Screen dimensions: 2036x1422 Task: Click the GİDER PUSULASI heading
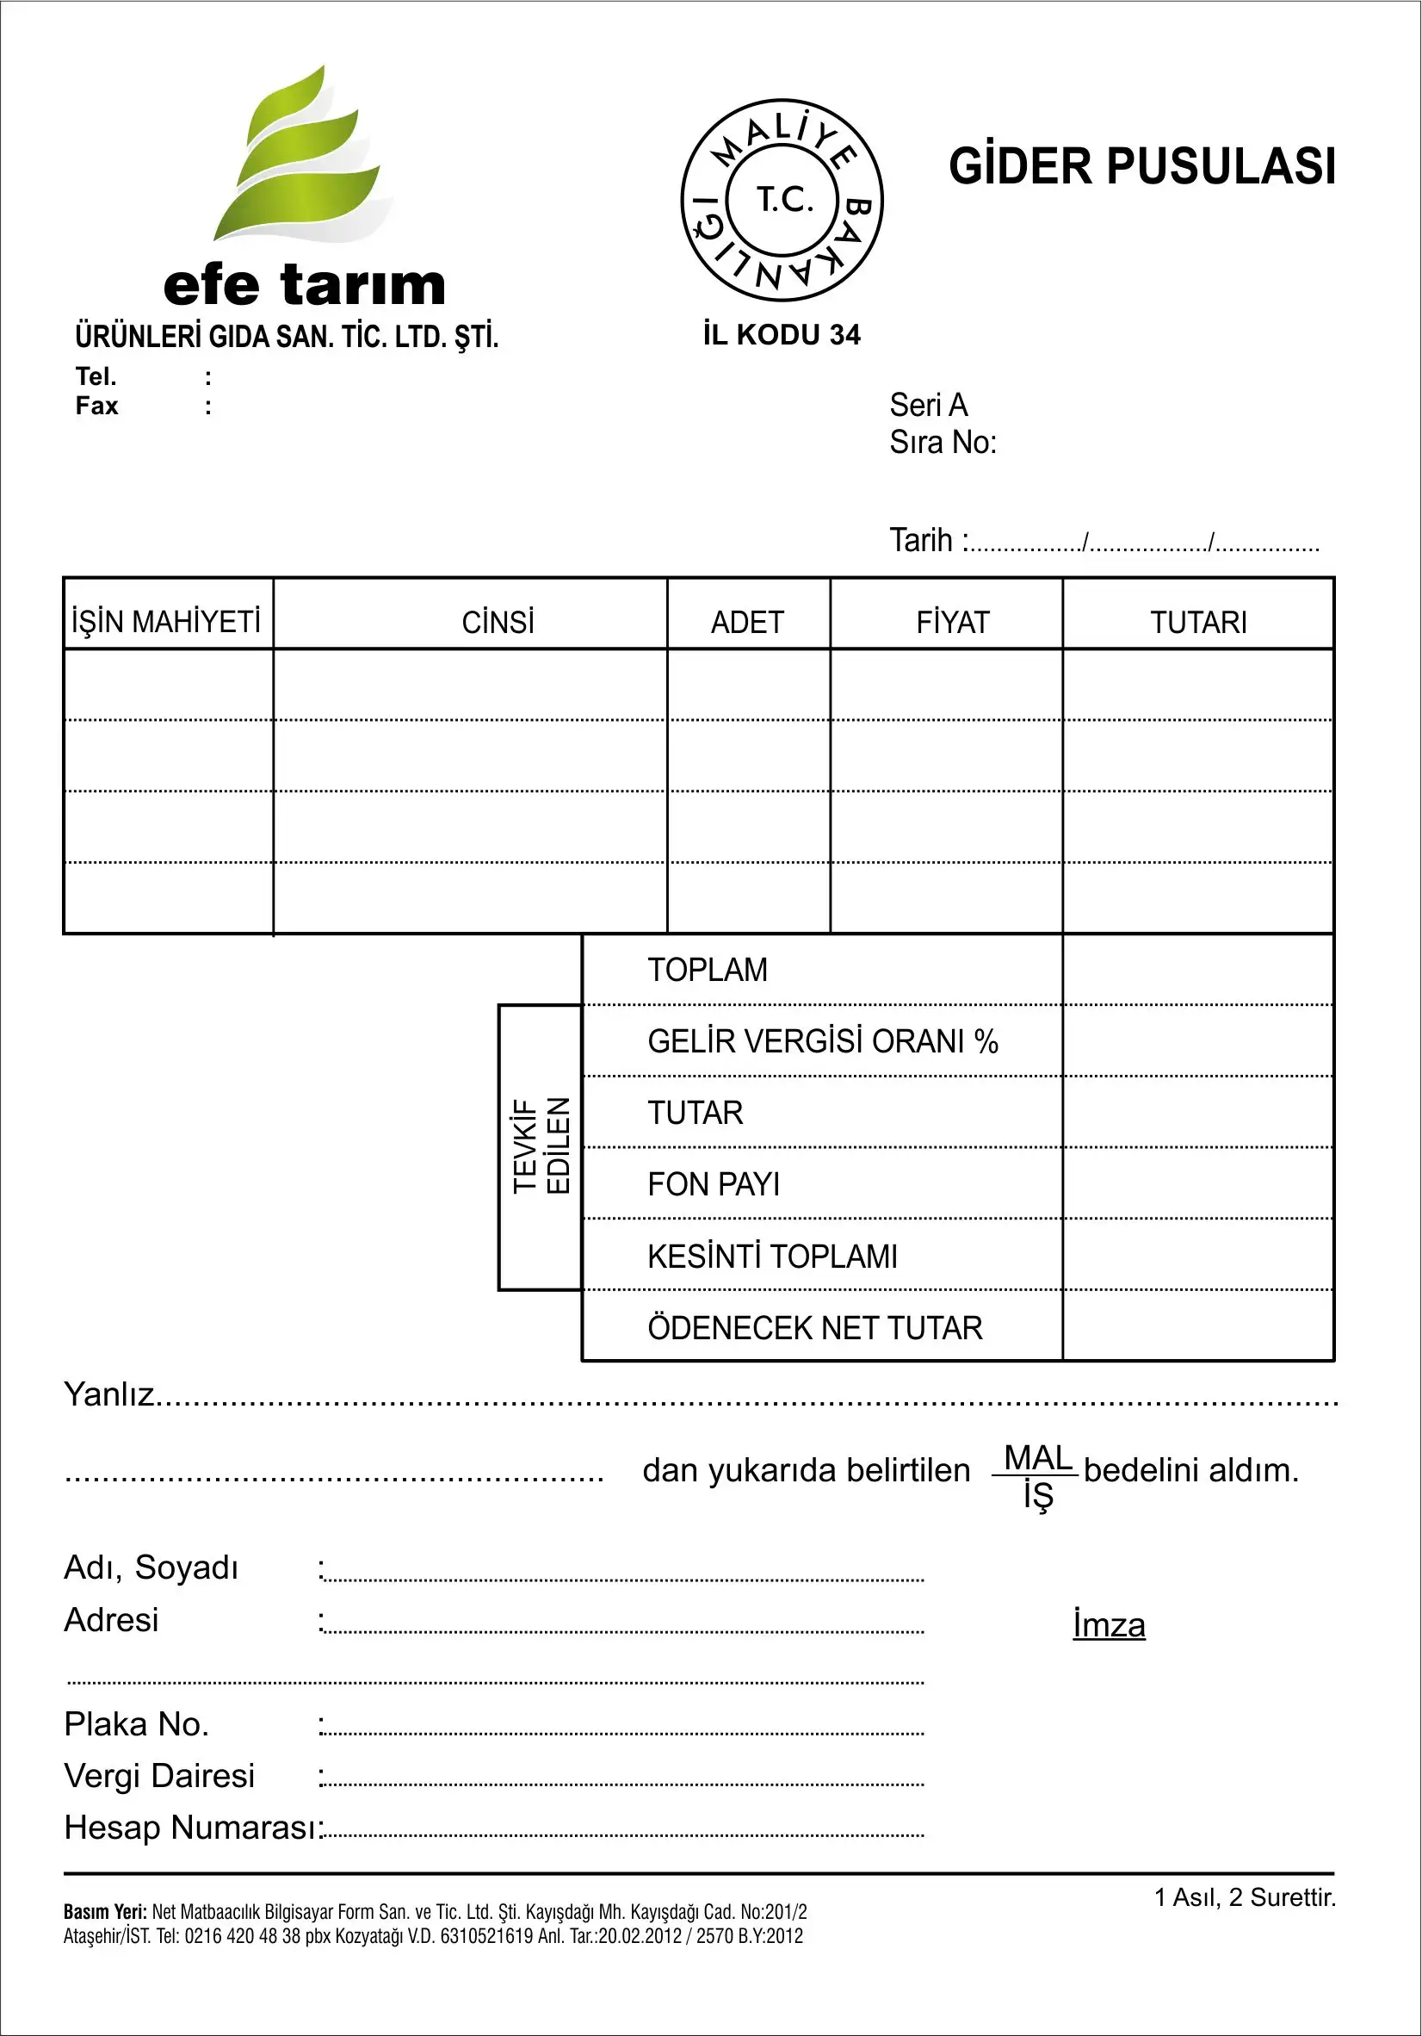[1141, 167]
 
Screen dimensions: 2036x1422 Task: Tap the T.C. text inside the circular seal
[783, 201]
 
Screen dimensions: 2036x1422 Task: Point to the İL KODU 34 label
[781, 335]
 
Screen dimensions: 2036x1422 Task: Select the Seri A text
[928, 406]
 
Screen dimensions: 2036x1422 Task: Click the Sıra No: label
[943, 443]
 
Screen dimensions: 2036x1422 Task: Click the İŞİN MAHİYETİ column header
[166, 622]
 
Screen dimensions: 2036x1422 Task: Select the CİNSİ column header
[498, 623]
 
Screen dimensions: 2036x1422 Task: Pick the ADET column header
[747, 623]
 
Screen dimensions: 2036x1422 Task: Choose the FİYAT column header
[952, 623]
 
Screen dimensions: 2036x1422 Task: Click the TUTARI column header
[1197, 623]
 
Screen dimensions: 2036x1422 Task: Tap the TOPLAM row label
[707, 970]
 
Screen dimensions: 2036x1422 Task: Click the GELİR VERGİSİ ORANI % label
[822, 1041]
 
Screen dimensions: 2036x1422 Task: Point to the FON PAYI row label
[713, 1184]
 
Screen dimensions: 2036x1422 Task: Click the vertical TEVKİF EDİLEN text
[541, 1145]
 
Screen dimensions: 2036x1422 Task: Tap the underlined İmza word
[1108, 1624]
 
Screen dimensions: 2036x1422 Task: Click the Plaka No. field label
[137, 1724]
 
